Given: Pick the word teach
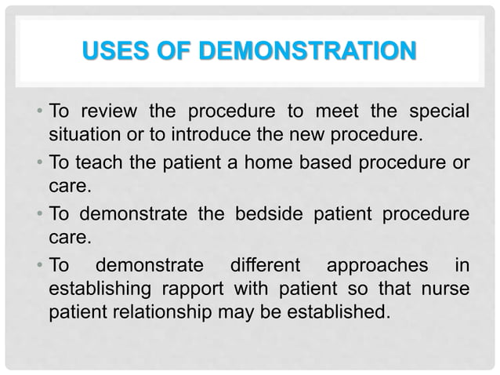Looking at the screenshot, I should coord(100,163).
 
